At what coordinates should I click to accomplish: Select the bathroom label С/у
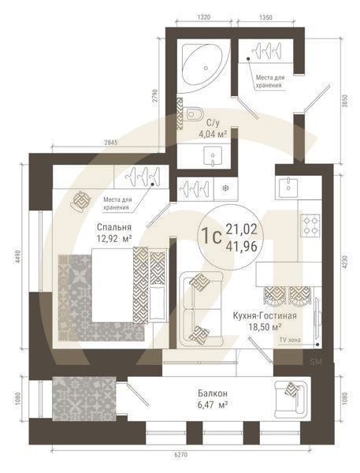[213, 123]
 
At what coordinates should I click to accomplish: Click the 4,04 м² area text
[213, 134]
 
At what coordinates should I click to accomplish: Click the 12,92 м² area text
[113, 236]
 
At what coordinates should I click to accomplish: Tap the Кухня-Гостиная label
[265, 315]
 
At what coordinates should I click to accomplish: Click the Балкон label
[213, 392]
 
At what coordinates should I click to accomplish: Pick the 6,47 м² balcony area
[213, 404]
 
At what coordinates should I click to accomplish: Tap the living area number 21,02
[243, 229]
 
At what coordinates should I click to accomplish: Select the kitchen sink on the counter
[288, 187]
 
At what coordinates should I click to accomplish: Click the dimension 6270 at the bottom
[180, 456]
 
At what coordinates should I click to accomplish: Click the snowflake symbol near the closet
[225, 188]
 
